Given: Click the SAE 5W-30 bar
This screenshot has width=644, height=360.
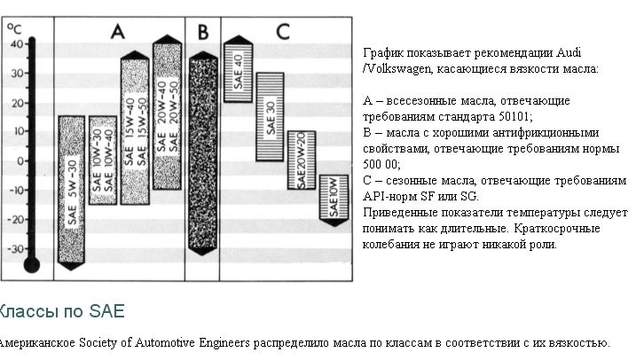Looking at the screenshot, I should [72, 191].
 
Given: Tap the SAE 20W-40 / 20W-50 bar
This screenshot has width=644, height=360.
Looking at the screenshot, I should [167, 115].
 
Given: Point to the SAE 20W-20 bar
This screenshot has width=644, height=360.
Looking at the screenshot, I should [302, 160].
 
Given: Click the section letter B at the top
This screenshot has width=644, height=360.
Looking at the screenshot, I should [202, 33].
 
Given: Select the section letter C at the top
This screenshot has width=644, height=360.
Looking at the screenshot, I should [283, 33].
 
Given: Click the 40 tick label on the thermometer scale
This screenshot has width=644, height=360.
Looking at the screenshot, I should [16, 43].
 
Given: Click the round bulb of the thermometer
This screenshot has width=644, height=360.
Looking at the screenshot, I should [33, 263].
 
